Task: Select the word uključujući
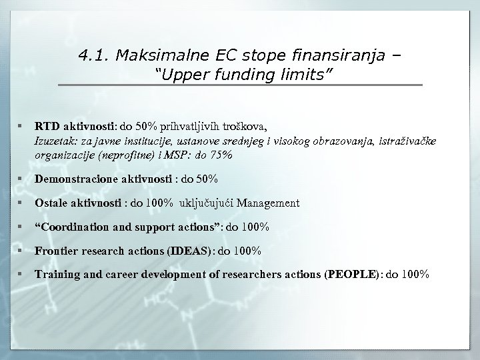pos(208,203)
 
